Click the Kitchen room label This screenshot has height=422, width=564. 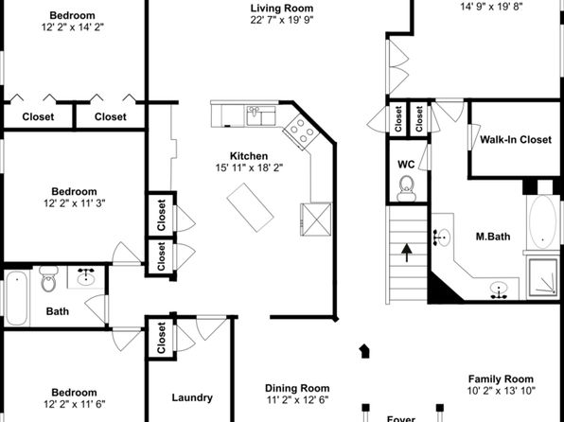(249, 156)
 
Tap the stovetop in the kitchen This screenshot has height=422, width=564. (301, 132)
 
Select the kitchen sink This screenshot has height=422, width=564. (261, 115)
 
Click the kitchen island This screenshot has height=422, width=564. (250, 207)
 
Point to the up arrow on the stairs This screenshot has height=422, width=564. (407, 253)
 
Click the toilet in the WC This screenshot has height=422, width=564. (407, 188)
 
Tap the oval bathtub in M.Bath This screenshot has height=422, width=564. (542, 222)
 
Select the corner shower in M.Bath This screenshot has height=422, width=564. (543, 278)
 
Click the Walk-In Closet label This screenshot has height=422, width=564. (516, 140)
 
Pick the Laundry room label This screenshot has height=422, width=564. (192, 397)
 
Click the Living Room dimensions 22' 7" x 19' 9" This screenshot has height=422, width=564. (282, 20)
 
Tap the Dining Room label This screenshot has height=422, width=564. (297, 388)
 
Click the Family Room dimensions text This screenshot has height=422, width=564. (501, 391)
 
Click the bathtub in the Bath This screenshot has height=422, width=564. (16, 298)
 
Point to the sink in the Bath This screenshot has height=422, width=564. (86, 276)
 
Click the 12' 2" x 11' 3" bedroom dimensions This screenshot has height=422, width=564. (75, 203)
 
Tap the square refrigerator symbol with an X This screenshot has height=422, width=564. (316, 220)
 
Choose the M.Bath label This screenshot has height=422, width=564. (493, 237)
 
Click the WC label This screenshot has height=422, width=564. (406, 165)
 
